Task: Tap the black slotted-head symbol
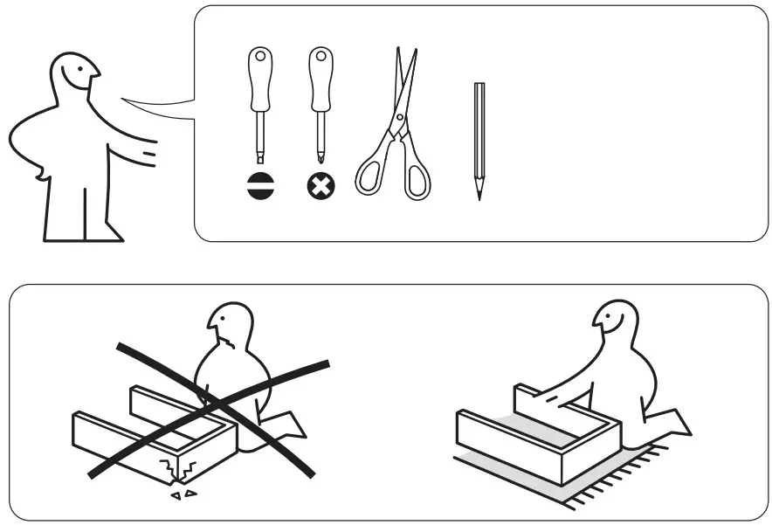point(260,186)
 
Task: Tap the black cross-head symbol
point(321,186)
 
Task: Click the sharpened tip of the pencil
point(479,196)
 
